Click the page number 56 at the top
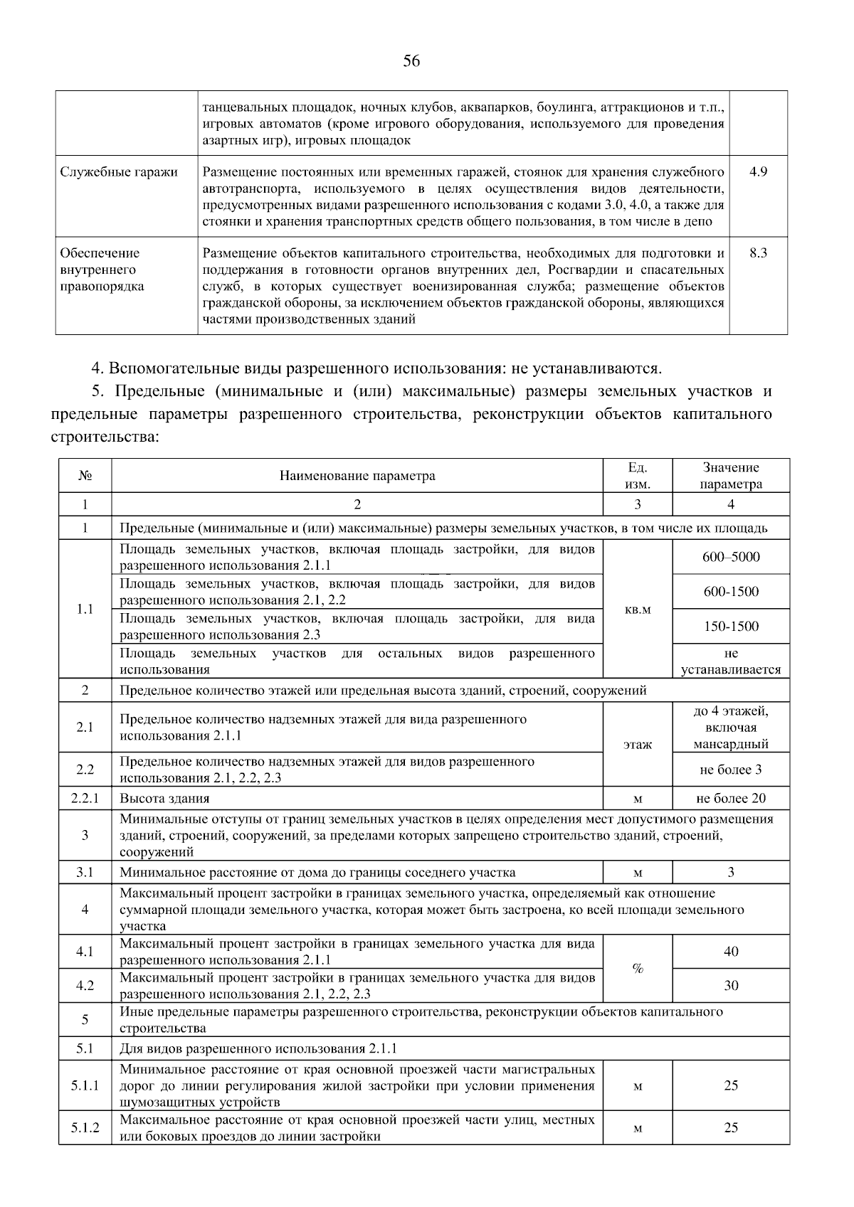pyautogui.click(x=411, y=61)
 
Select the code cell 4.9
pyautogui.click(x=758, y=172)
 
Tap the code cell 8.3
pyautogui.click(x=758, y=253)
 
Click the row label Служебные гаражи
pyautogui.click(x=119, y=172)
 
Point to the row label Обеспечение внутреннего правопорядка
pyautogui.click(x=102, y=270)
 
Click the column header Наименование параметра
pyautogui.click(x=357, y=476)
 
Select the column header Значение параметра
pyautogui.click(x=730, y=476)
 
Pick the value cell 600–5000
pyautogui.click(x=730, y=557)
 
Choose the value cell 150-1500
pyautogui.click(x=730, y=627)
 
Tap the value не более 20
pyautogui.click(x=730, y=798)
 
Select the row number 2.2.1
pyautogui.click(x=85, y=798)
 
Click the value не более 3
pyautogui.click(x=730, y=770)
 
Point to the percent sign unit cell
pyautogui.click(x=637, y=968)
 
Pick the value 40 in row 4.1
pyautogui.click(x=730, y=952)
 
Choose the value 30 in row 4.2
pyautogui.click(x=730, y=985)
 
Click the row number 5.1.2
pyautogui.click(x=85, y=1128)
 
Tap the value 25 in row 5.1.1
pyautogui.click(x=730, y=1085)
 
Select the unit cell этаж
pyautogui.click(x=637, y=745)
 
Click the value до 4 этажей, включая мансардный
pyautogui.click(x=730, y=728)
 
